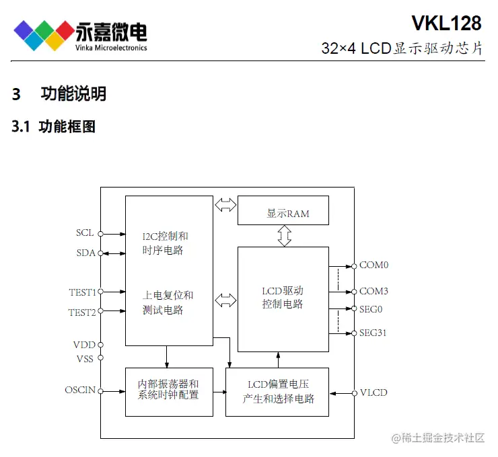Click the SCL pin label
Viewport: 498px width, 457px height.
(x=85, y=233)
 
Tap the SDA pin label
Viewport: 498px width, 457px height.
(x=85, y=253)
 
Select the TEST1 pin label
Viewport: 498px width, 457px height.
(x=82, y=292)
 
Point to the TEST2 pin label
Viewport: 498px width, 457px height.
(x=82, y=312)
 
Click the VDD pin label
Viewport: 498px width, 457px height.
(x=84, y=345)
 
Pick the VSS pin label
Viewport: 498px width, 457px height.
(x=85, y=358)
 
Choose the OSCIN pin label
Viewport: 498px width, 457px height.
(x=80, y=390)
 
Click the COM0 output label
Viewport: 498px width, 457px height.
(x=373, y=265)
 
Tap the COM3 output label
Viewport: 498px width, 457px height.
(x=373, y=292)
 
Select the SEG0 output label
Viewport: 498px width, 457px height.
(x=371, y=309)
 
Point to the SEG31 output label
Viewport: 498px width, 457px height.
(x=373, y=333)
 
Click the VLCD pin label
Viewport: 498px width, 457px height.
(x=373, y=392)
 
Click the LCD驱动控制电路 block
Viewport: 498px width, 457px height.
(x=283, y=298)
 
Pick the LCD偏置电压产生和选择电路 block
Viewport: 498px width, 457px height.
(x=277, y=392)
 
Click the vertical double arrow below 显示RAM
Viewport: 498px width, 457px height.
(x=283, y=236)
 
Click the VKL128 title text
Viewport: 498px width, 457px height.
(x=446, y=23)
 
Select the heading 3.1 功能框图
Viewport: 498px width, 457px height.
(x=54, y=126)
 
